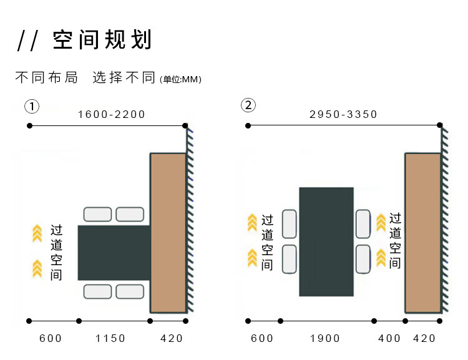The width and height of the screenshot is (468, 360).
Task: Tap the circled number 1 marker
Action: [32, 106]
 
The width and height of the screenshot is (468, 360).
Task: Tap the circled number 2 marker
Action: [248, 105]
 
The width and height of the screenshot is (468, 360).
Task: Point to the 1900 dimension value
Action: [324, 338]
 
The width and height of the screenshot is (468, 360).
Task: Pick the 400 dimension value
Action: [389, 338]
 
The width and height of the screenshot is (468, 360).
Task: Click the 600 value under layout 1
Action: [51, 338]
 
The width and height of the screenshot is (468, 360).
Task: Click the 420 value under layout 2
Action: [424, 338]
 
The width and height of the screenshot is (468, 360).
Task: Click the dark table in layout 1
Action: [114, 253]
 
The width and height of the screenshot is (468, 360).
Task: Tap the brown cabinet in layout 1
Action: [168, 232]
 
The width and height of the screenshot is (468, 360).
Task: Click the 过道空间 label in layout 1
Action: [56, 252]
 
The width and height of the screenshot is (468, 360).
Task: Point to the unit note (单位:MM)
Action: [180, 79]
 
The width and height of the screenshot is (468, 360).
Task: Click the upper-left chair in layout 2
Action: [289, 223]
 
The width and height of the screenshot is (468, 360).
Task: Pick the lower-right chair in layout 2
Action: [363, 259]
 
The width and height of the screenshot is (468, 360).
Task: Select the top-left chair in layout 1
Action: [97, 214]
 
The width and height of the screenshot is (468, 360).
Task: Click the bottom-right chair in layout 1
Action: [130, 291]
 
